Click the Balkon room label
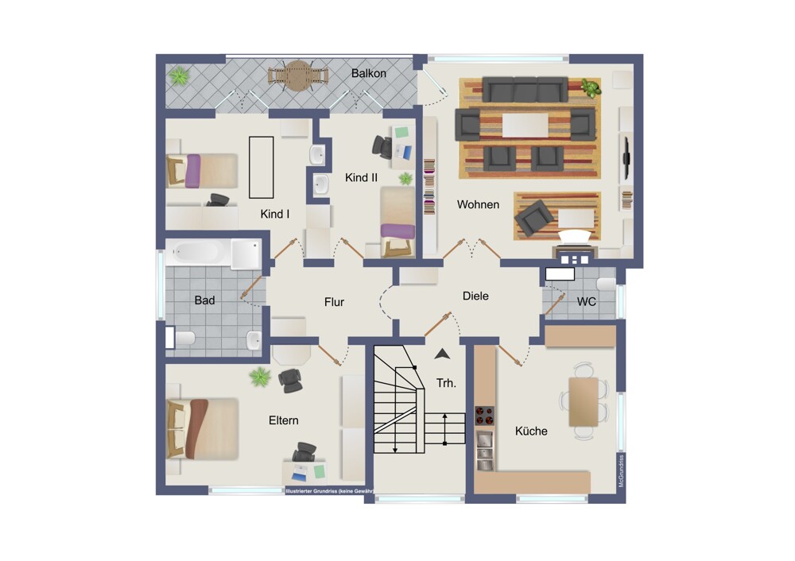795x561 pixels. (369, 73)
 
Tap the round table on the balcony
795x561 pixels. (298, 75)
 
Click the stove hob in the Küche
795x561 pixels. (484, 416)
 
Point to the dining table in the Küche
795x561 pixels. (583, 402)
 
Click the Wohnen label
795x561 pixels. (478, 205)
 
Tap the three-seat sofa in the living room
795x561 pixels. (525, 90)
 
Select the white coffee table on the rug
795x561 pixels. (525, 125)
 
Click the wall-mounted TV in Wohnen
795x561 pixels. (626, 157)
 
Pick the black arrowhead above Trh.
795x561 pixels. (442, 354)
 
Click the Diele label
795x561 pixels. (475, 296)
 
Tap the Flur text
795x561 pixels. (334, 303)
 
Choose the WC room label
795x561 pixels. (586, 302)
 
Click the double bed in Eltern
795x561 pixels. (202, 429)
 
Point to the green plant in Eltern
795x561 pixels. (260, 377)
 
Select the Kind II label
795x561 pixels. (361, 178)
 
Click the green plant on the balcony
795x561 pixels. (179, 76)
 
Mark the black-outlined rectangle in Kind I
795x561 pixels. (261, 167)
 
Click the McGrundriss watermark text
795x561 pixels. (622, 470)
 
